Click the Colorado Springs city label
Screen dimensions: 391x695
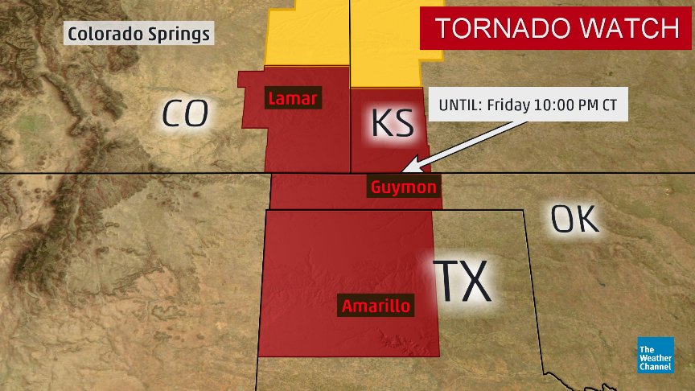(139, 34)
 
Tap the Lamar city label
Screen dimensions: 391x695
(293, 100)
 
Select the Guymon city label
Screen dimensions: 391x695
(404, 187)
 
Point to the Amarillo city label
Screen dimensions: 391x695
(376, 306)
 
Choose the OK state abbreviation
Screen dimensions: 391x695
(575, 219)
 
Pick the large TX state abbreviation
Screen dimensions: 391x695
(463, 281)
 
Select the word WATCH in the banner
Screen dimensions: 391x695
(631, 29)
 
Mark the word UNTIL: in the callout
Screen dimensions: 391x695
(461, 105)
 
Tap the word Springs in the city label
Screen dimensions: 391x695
(182, 35)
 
